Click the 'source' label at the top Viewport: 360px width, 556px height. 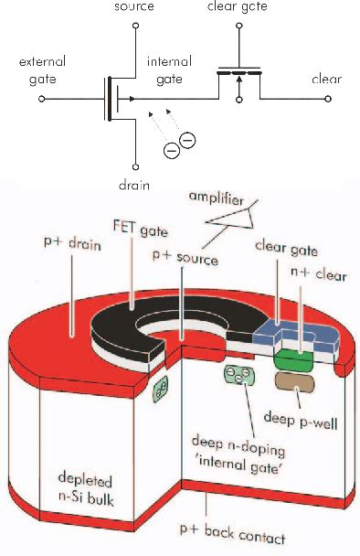(x=134, y=6)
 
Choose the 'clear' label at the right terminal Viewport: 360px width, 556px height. (x=326, y=80)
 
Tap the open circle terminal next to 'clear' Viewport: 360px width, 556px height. (x=299, y=96)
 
